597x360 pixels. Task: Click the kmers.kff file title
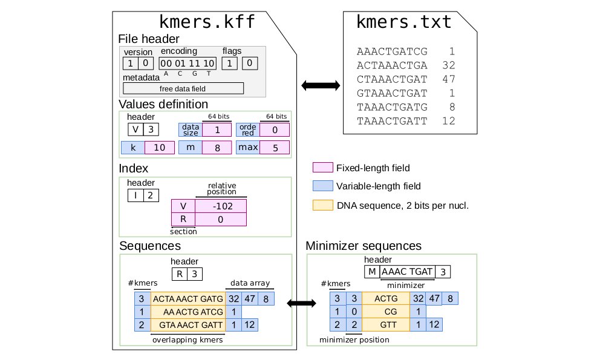pyautogui.click(x=206, y=22)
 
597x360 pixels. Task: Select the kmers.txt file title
pyautogui.click(x=403, y=22)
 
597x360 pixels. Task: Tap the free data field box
pyautogui.click(x=183, y=88)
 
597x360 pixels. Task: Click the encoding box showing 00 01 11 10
pyautogui.click(x=187, y=63)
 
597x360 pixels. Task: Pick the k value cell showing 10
pyautogui.click(x=159, y=148)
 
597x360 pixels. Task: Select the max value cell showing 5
pyautogui.click(x=276, y=148)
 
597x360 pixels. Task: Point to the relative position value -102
pyautogui.click(x=220, y=205)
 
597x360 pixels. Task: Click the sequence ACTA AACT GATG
pyautogui.click(x=188, y=298)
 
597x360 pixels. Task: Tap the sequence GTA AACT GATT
pyautogui.click(x=188, y=325)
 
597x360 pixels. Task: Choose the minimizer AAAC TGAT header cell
pyautogui.click(x=406, y=272)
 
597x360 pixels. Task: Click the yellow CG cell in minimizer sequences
pyautogui.click(x=385, y=312)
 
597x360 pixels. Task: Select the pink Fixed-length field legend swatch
pyautogui.click(x=323, y=168)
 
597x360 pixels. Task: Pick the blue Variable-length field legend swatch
pyautogui.click(x=323, y=186)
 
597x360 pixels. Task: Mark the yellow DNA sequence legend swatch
pyautogui.click(x=323, y=205)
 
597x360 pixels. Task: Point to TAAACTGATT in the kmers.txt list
pyautogui.click(x=392, y=121)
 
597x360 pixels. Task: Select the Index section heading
pyautogui.click(x=134, y=168)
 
